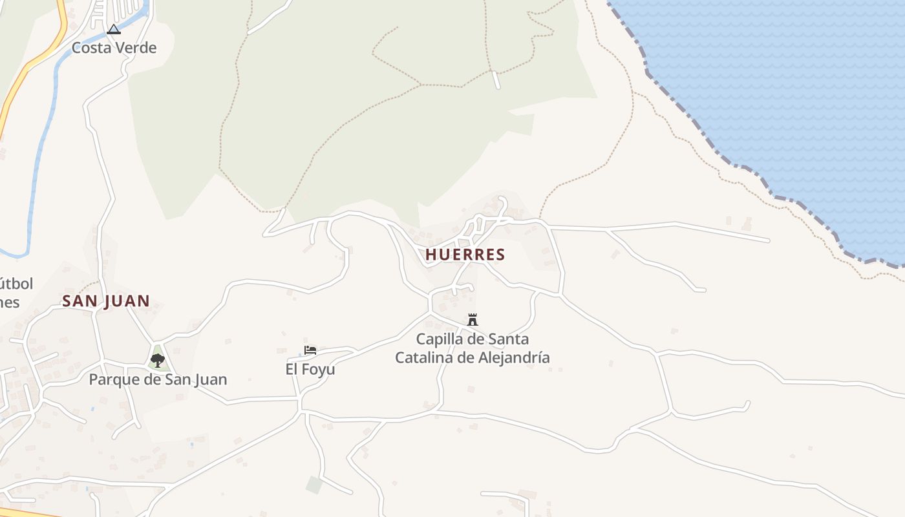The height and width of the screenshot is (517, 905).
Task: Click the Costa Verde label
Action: tap(114, 48)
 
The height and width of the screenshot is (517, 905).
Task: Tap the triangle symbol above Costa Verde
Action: tap(114, 29)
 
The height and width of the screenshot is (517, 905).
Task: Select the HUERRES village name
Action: tap(465, 255)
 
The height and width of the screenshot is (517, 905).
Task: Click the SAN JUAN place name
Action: tap(106, 301)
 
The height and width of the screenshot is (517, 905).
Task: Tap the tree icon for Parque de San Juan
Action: tap(157, 360)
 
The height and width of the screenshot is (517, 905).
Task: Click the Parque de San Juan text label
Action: tap(158, 379)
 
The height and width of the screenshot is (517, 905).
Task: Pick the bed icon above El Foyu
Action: tap(310, 350)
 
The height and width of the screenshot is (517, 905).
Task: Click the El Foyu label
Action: tap(310, 369)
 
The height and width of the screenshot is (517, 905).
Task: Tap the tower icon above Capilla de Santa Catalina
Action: tap(473, 319)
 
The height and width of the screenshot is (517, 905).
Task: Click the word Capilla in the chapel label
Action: tap(440, 339)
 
